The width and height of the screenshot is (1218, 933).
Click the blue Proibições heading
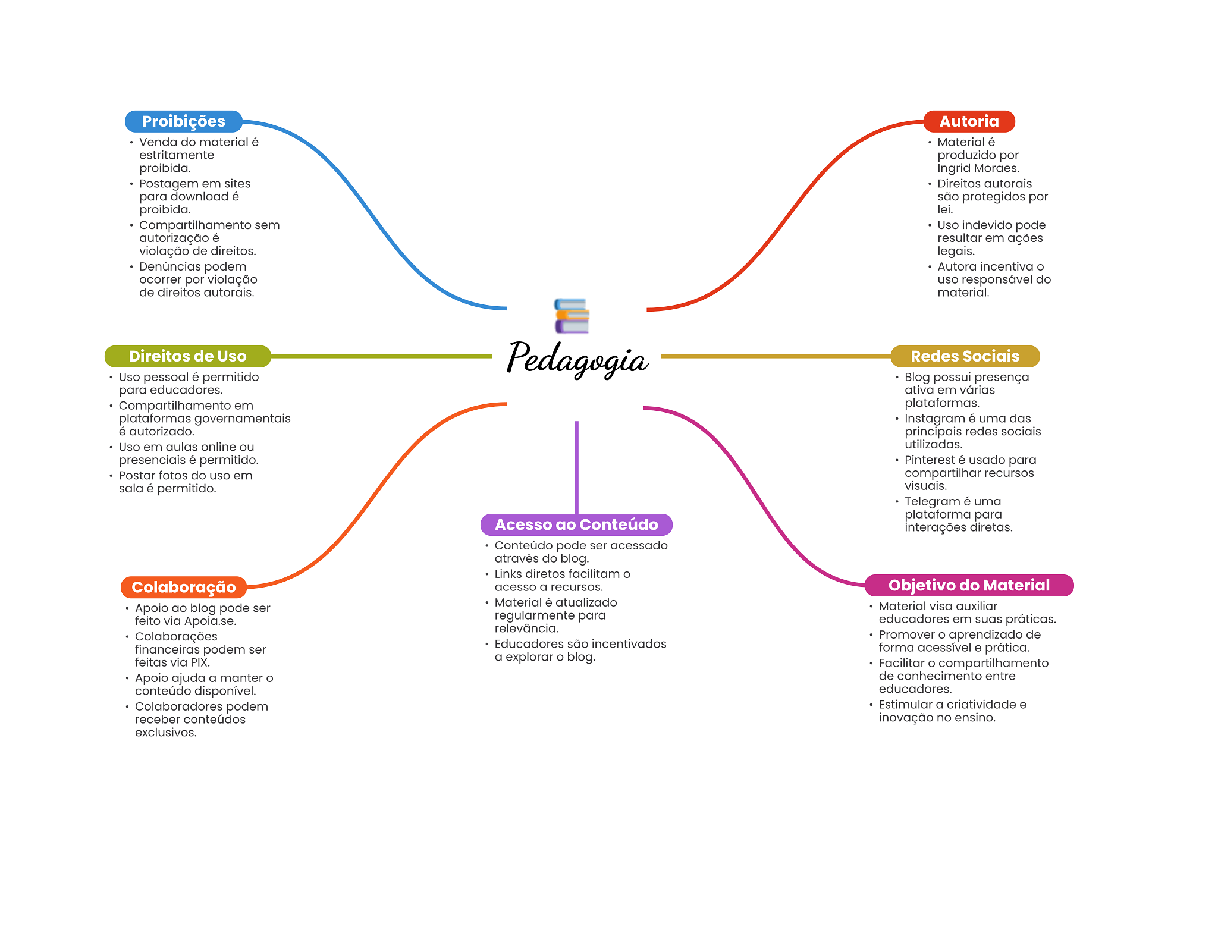coord(183,121)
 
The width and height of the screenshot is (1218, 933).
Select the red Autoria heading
coord(969,121)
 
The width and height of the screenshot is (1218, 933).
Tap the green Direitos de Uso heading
coord(187,356)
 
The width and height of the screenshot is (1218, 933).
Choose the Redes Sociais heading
coord(965,356)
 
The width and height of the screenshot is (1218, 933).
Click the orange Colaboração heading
coord(183,587)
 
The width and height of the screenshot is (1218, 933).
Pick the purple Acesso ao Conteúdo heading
coord(576,524)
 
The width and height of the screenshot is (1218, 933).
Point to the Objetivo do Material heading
coord(969,585)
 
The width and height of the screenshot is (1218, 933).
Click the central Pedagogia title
coord(577,359)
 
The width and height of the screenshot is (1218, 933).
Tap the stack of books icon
coord(572,316)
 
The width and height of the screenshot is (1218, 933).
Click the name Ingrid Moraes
coord(978,168)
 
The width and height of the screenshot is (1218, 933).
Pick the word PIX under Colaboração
coord(199,662)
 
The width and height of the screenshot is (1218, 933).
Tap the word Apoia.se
coord(210,621)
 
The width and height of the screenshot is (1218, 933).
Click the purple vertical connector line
coord(576,467)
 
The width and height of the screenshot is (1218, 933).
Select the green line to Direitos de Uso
coord(381,356)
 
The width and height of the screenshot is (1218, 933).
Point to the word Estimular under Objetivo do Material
coord(905,705)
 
